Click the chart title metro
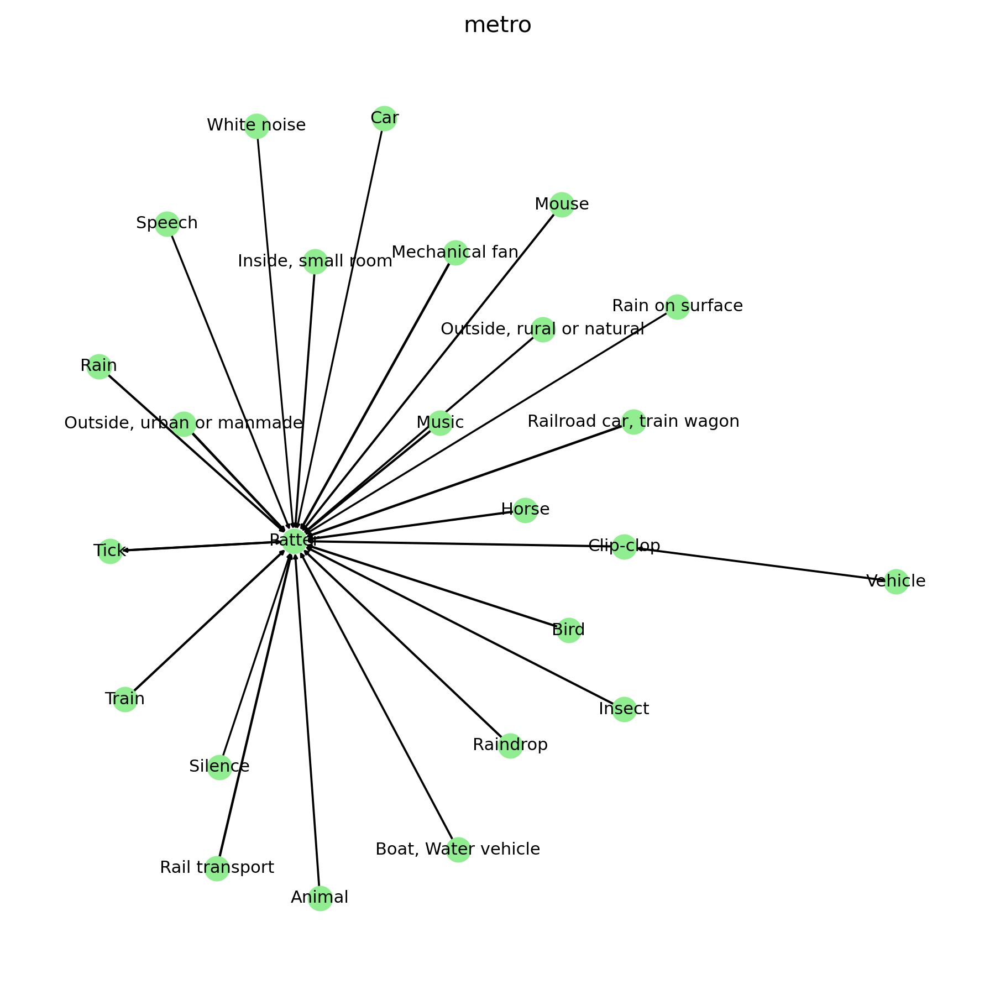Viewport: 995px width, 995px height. [498, 25]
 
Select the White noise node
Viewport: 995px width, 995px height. [256, 126]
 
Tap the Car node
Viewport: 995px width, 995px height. [384, 118]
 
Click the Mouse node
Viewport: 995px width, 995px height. [562, 205]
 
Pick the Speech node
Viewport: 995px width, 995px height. [167, 224]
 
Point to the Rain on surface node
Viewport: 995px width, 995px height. [677, 307]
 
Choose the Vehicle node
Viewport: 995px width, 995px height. [896, 582]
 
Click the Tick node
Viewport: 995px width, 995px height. [110, 551]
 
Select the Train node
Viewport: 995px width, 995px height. [125, 700]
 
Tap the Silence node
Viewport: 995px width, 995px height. [219, 767]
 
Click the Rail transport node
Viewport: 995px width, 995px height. [217, 868]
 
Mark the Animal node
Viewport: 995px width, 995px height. [320, 898]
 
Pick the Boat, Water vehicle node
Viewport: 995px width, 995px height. [458, 850]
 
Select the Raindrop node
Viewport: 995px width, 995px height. [510, 746]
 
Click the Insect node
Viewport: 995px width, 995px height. [624, 709]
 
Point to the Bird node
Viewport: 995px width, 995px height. [569, 630]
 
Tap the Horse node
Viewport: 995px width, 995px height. [525, 510]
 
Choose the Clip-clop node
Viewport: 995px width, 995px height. [624, 547]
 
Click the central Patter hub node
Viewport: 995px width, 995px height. [295, 541]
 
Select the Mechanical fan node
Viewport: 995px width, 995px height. [455, 253]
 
